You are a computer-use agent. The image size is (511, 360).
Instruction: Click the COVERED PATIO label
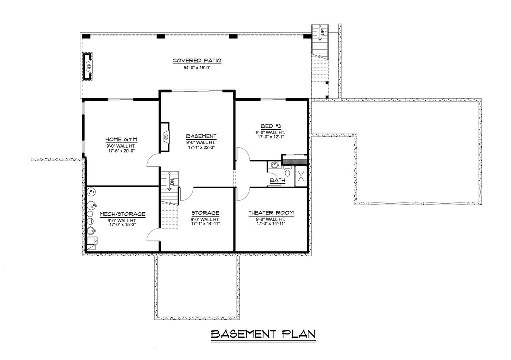tap(197, 61)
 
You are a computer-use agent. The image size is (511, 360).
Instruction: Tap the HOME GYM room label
tap(121, 139)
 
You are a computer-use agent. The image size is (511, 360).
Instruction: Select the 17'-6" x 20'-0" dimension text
tap(121, 150)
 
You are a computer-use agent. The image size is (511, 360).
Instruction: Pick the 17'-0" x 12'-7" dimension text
tap(271, 138)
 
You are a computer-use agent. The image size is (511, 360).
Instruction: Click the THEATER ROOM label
tap(271, 213)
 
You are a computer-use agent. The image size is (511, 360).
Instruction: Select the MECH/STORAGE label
tap(122, 214)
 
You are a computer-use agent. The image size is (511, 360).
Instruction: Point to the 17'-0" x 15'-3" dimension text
tap(122, 225)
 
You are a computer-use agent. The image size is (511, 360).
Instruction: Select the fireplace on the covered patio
tap(88, 66)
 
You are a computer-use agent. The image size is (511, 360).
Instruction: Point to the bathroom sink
tap(274, 165)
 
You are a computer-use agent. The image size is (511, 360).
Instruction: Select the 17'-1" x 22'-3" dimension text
tap(201, 147)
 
